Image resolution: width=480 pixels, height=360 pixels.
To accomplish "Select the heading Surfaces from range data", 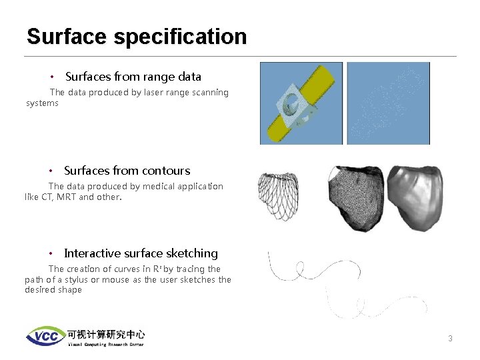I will [x=133, y=77].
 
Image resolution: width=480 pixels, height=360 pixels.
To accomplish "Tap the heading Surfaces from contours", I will [x=127, y=171].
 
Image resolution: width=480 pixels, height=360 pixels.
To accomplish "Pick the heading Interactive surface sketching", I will [x=141, y=253].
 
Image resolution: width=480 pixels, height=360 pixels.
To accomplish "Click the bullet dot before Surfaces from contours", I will [x=51, y=171].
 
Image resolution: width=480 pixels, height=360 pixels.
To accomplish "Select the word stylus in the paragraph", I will [x=75, y=280].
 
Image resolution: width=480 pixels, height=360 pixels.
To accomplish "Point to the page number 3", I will [x=450, y=339].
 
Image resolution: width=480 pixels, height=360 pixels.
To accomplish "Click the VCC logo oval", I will [x=45, y=335].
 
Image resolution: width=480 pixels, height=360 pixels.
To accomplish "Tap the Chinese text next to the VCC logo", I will [x=105, y=334].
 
